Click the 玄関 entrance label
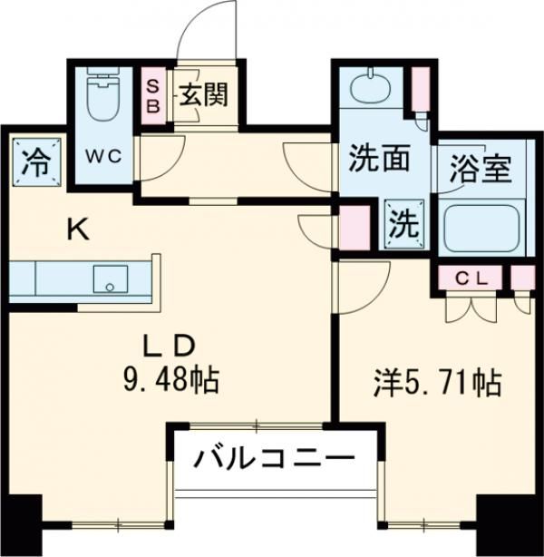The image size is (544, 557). click(x=201, y=93)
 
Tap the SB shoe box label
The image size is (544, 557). click(x=154, y=93)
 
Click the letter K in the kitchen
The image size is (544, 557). click(x=80, y=230)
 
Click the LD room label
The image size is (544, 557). click(x=170, y=347)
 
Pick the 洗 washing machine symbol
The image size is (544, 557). click(x=403, y=222)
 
